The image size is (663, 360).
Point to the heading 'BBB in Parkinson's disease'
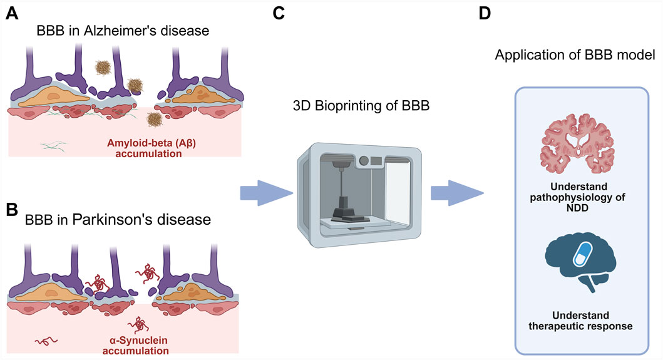(x=117, y=220)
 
